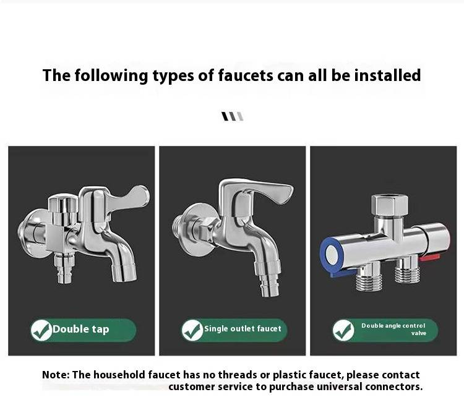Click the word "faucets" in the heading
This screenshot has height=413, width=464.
[x=246, y=75]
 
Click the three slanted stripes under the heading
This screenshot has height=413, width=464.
[x=233, y=116]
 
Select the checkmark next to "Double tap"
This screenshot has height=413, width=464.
[x=41, y=331]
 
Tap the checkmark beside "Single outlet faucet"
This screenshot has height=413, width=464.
[x=192, y=330]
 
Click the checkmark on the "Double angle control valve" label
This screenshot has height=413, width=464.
[x=343, y=331]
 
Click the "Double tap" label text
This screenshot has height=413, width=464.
[x=81, y=329]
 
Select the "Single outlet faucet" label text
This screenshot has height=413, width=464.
[x=243, y=329]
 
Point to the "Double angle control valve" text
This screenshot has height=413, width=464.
[x=393, y=330]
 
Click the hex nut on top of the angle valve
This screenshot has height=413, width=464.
[x=389, y=205]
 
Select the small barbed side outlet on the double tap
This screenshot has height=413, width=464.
[x=64, y=269]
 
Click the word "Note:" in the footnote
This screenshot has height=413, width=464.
[x=56, y=375]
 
